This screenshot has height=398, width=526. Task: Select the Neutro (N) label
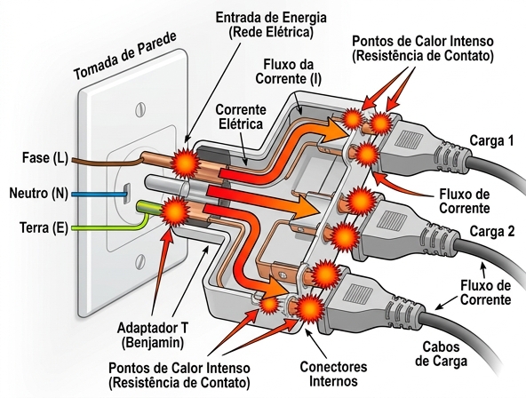38,193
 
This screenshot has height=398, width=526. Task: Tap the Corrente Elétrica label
239,116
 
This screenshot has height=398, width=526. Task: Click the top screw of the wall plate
140,107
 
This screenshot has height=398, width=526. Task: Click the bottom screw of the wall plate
139,264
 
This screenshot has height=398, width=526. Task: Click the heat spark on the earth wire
175,213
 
